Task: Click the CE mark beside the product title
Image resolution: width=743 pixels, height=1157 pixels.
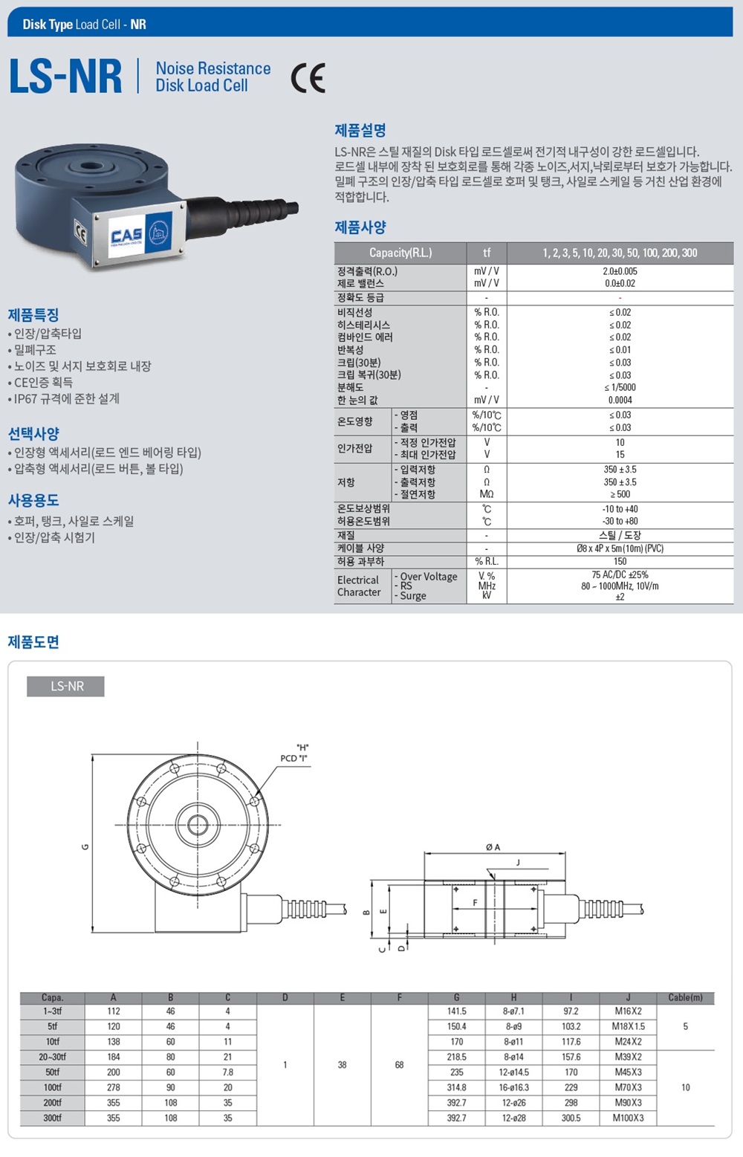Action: pyautogui.click(x=308, y=77)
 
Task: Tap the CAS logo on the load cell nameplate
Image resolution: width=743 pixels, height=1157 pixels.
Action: pyautogui.click(x=126, y=236)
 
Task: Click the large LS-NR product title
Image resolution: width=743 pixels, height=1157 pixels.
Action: pyautogui.click(x=65, y=77)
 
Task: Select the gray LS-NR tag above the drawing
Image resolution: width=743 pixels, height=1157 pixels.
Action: pyautogui.click(x=65, y=686)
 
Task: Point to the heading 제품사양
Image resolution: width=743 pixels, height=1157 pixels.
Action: pyautogui.click(x=360, y=227)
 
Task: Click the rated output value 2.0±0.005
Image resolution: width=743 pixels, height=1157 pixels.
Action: pyautogui.click(x=620, y=270)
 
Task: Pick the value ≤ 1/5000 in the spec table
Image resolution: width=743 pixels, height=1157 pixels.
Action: pyautogui.click(x=620, y=387)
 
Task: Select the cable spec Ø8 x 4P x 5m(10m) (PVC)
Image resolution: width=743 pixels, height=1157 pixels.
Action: pyautogui.click(x=620, y=548)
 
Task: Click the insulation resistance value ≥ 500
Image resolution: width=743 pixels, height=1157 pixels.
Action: pyautogui.click(x=620, y=494)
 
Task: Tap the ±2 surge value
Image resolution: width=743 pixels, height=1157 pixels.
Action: pyautogui.click(x=620, y=597)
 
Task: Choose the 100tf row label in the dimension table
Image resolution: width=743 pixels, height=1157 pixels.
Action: pyautogui.click(x=52, y=1087)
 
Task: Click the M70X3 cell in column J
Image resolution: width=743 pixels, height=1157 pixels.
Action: pyautogui.click(x=628, y=1087)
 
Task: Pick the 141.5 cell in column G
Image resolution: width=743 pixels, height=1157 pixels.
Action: pyautogui.click(x=456, y=1011)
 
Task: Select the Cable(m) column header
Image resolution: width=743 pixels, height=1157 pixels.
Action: pyautogui.click(x=685, y=997)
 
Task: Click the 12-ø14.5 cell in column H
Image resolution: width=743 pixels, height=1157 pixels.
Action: pyautogui.click(x=513, y=1072)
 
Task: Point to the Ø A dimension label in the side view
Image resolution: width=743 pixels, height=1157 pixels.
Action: pyautogui.click(x=493, y=847)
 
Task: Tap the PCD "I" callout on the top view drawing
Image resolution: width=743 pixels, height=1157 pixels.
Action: pyautogui.click(x=293, y=758)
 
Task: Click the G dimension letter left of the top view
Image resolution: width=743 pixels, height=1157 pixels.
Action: pyautogui.click(x=85, y=846)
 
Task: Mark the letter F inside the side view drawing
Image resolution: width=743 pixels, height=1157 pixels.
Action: pyautogui.click(x=475, y=903)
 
